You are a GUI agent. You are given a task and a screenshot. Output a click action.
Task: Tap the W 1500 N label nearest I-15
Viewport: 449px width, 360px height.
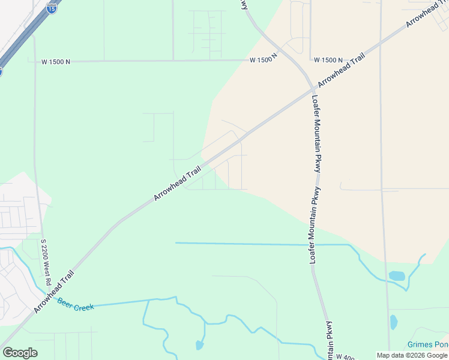(57, 61)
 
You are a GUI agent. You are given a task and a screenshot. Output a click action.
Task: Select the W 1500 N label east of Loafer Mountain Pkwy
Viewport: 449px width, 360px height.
(328, 61)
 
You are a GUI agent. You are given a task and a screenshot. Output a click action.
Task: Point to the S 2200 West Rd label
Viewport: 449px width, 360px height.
(44, 262)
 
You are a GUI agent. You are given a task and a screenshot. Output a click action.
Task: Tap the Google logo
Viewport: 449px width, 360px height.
(20, 353)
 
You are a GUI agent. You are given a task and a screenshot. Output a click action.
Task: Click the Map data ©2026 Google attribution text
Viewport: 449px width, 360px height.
(412, 356)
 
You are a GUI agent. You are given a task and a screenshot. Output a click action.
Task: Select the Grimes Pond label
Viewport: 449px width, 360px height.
(427, 344)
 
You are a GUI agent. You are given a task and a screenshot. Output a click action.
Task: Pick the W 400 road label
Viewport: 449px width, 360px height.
(345, 357)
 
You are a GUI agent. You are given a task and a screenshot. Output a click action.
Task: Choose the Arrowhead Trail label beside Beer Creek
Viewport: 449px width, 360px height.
(54, 292)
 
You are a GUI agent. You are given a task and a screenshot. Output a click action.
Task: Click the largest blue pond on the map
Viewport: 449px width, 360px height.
(397, 276)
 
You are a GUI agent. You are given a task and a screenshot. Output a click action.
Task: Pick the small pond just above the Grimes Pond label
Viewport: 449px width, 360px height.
(393, 322)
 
